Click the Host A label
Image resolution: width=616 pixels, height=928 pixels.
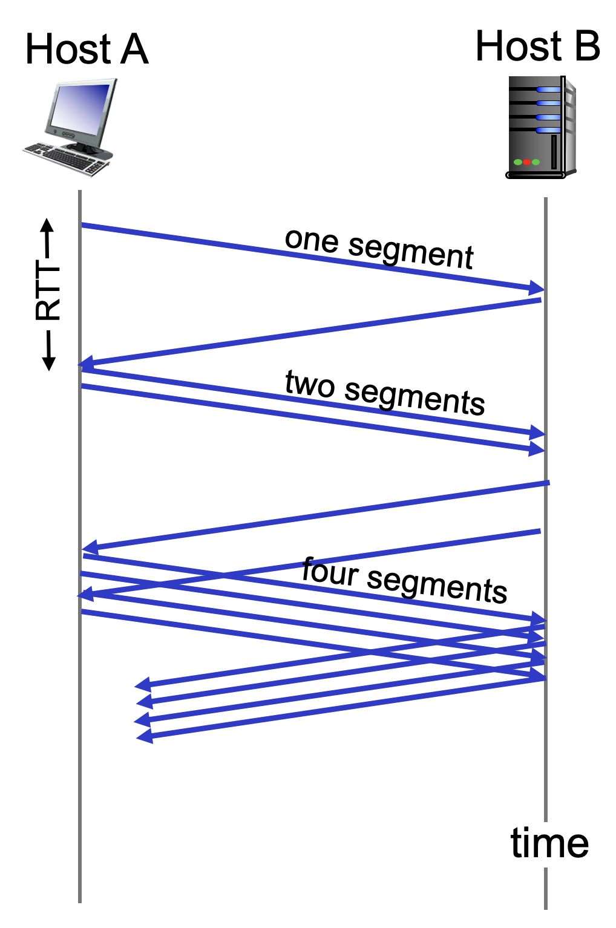(x=87, y=50)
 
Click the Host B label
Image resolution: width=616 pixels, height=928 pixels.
(x=537, y=46)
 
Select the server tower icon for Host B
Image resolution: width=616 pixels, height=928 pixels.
(x=540, y=128)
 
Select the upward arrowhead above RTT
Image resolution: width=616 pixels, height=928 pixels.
(x=48, y=225)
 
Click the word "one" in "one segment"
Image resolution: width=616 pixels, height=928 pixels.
(x=312, y=240)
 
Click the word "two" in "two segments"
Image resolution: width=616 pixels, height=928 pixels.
(x=309, y=384)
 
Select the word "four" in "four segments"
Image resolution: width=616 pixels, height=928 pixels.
(x=330, y=572)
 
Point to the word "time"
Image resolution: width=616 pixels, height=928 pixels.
(x=549, y=843)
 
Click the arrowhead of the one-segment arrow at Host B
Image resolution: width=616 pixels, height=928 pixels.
(x=536, y=289)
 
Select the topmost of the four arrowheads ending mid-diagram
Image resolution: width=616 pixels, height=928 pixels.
(x=143, y=685)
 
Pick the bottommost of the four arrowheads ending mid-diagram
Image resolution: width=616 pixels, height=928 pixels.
(x=144, y=736)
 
